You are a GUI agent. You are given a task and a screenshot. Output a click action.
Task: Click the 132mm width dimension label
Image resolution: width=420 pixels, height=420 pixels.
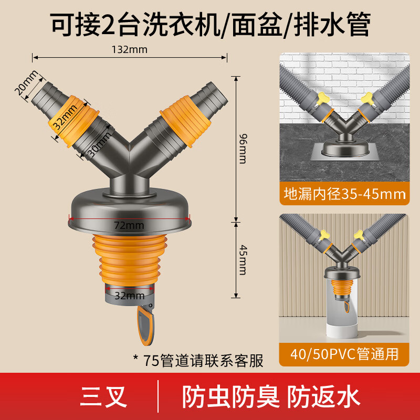(x=129, y=50)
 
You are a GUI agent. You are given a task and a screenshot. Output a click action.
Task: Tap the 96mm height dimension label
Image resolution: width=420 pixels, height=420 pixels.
(x=242, y=149)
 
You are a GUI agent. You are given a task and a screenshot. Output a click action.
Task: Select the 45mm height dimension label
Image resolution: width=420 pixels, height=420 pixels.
(x=242, y=260)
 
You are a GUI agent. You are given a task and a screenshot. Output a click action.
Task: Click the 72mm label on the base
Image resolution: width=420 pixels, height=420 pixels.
(x=128, y=225)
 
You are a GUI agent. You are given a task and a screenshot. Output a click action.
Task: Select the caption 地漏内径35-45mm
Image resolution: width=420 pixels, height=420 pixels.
(x=344, y=194)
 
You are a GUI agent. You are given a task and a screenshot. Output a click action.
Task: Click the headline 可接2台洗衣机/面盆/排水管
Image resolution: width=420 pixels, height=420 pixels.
(x=210, y=24)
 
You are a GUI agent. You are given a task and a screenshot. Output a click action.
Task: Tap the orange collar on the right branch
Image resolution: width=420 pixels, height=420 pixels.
(x=181, y=122)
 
